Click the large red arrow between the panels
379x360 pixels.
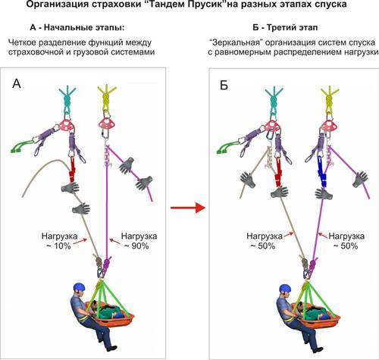click(x=188, y=208)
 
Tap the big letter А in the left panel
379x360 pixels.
click(x=17, y=83)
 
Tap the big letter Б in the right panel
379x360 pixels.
click(x=224, y=85)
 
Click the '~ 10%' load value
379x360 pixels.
click(x=59, y=246)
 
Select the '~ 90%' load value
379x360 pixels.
click(x=136, y=246)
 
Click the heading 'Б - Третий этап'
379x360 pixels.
click(x=285, y=27)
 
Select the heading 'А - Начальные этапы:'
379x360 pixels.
click(x=77, y=27)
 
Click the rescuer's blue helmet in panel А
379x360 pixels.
click(x=80, y=287)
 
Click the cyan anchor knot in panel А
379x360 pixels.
click(x=67, y=99)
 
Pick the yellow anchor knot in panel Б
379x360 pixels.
click(x=329, y=99)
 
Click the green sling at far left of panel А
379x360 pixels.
click(x=22, y=146)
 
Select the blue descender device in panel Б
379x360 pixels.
click(x=321, y=171)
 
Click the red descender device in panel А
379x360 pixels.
click(x=73, y=169)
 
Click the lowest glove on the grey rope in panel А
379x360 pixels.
click(x=81, y=208)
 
